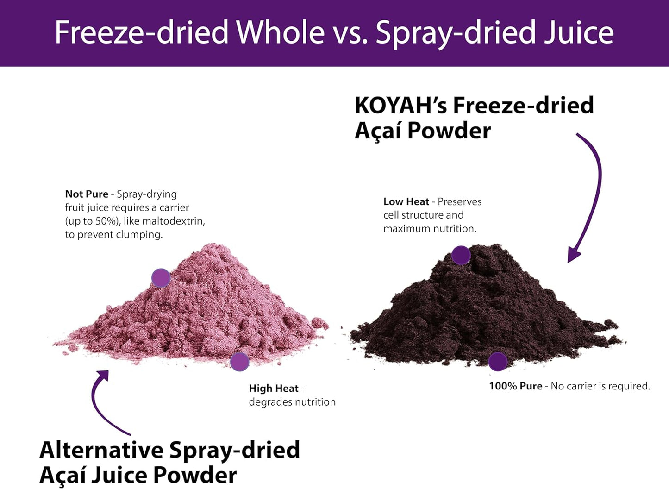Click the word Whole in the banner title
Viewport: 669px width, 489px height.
[281, 32]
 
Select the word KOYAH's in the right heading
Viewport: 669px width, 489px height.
[400, 106]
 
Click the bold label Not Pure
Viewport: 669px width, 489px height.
[87, 194]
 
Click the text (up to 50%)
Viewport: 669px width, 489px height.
[92, 221]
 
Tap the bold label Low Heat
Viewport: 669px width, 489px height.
[406, 201]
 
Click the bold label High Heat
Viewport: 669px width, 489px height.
[274, 389]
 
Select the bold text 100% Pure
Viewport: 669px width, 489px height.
[515, 386]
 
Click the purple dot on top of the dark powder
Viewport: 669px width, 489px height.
[461, 255]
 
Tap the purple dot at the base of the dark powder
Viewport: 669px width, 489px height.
[498, 362]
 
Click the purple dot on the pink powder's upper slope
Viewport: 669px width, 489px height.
[161, 278]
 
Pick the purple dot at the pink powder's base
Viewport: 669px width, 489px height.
[239, 362]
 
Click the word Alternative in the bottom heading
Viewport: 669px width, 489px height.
[101, 450]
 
